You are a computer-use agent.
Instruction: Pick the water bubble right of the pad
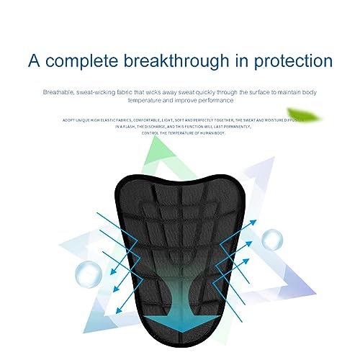(x=271, y=239)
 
